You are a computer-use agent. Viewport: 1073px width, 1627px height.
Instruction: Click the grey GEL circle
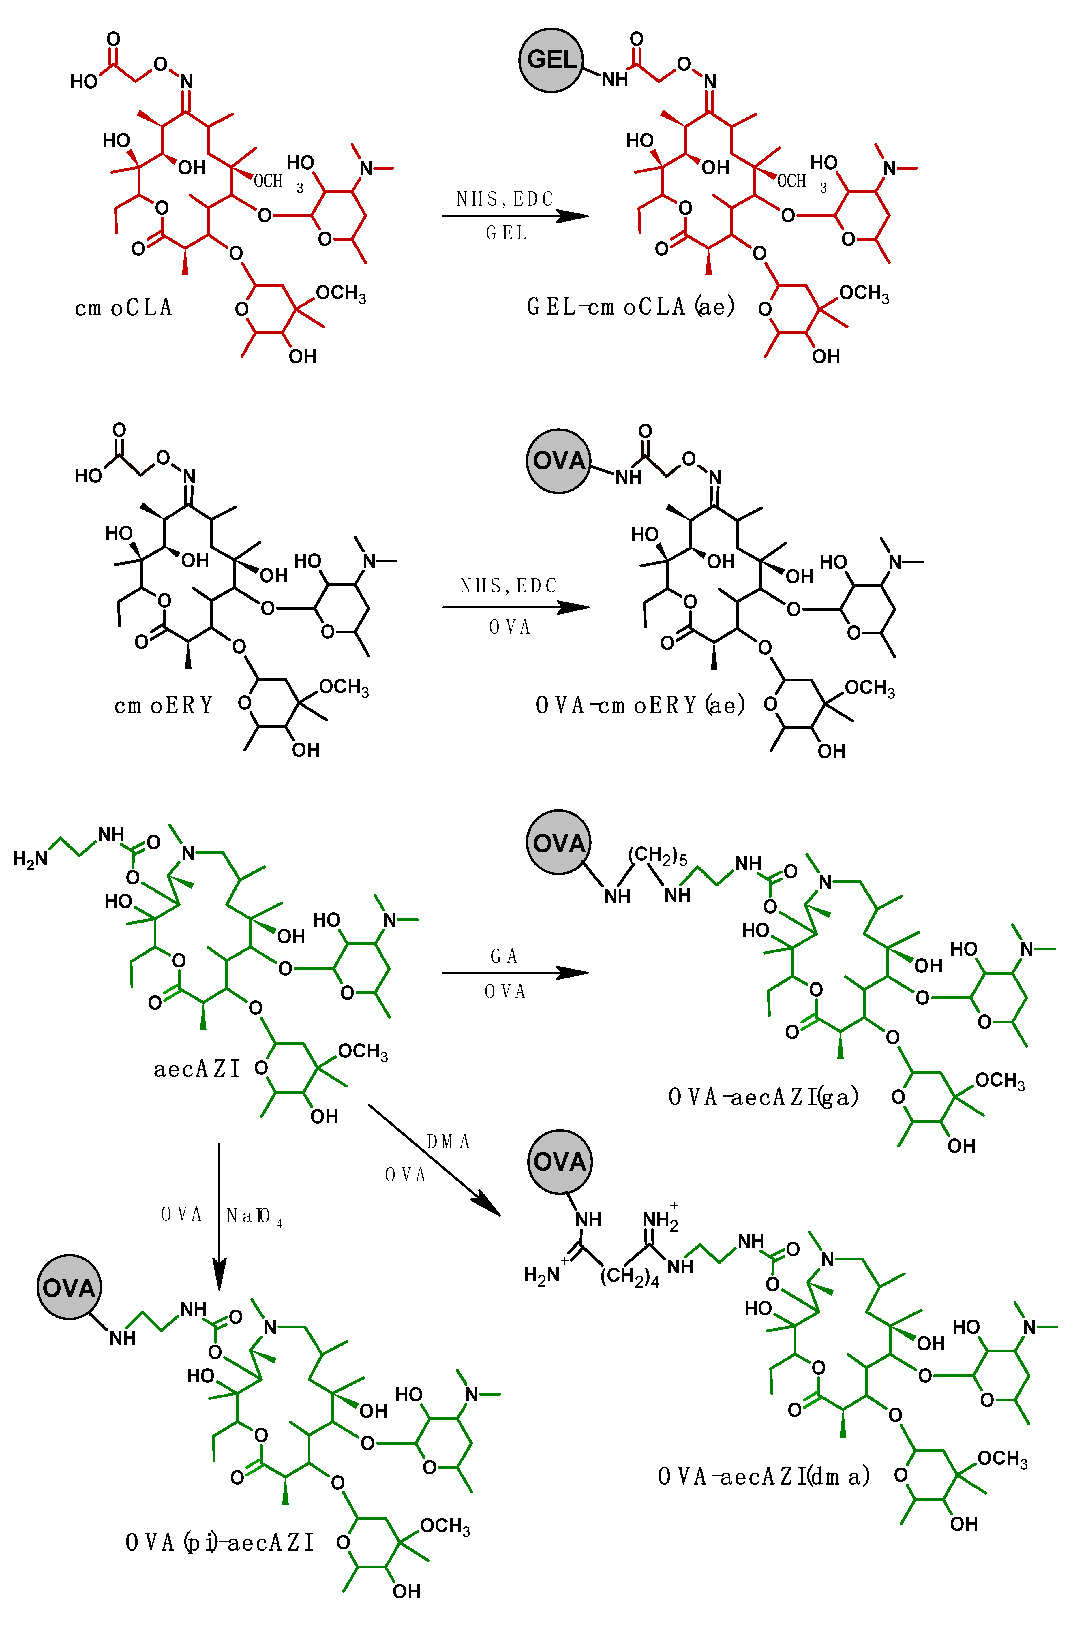[x=551, y=60]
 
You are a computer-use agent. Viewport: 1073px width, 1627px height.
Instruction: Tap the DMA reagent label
[x=448, y=1142]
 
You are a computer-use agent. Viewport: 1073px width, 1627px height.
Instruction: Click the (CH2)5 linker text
[x=657, y=856]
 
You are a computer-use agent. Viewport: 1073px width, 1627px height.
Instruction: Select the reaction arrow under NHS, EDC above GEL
[x=515, y=216]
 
